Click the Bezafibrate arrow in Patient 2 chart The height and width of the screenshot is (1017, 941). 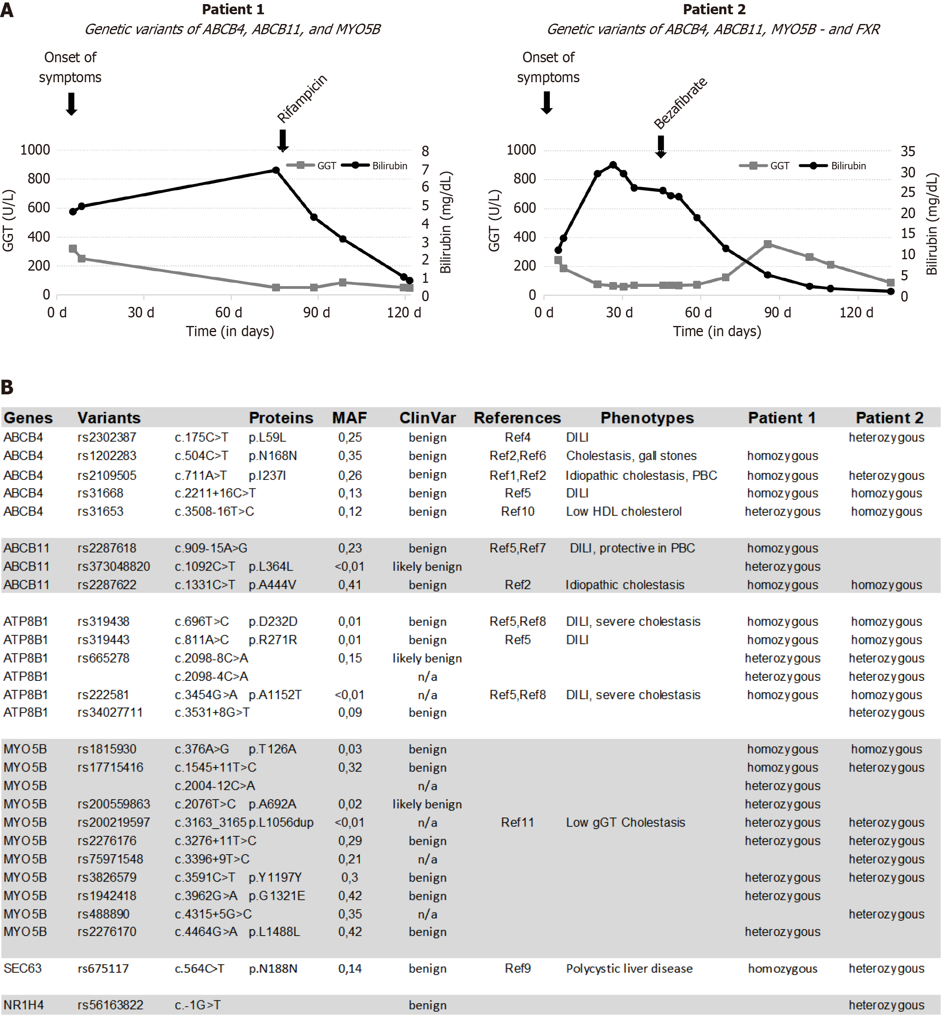coord(661,147)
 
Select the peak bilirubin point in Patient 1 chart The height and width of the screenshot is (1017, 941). coord(276,170)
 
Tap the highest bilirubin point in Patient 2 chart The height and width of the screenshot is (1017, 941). coord(613,165)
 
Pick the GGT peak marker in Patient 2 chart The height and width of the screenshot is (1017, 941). coord(768,244)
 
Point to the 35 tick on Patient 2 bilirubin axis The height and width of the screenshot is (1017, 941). coord(908,151)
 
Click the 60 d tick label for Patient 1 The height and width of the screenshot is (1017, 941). coord(229,312)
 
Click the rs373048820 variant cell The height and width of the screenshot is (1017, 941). coord(114,566)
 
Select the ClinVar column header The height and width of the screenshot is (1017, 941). coord(427,418)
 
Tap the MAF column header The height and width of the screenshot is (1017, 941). coord(349,418)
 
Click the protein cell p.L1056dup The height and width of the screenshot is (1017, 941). coord(281,822)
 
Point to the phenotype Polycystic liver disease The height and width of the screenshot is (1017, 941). coord(629,969)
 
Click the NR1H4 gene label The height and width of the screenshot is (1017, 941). coord(24,1005)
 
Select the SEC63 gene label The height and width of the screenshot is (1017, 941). coord(22,969)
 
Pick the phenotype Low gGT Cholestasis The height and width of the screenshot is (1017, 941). coord(625,822)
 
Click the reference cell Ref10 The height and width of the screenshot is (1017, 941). coord(517,512)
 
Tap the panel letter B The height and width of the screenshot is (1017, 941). coord(7,387)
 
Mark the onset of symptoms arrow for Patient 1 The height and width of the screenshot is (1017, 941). coord(71,104)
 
